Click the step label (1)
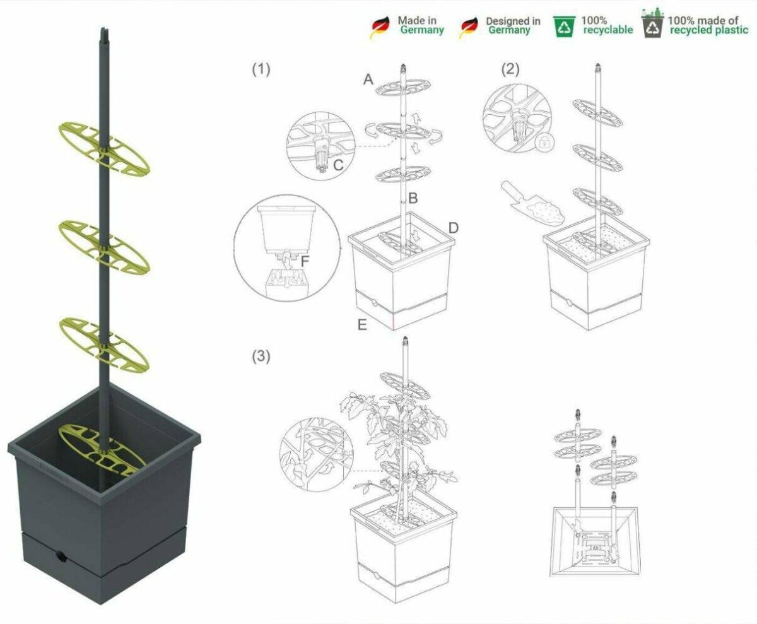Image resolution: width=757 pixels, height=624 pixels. point(261,69)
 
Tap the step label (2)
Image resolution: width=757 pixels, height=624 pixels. point(510,69)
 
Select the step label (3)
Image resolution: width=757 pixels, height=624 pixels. point(261,356)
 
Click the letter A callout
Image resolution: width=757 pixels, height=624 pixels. point(368,79)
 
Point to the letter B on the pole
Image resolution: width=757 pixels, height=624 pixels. point(413,198)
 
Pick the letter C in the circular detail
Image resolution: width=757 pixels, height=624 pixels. point(338,165)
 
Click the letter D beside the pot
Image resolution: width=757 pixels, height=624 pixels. point(454,228)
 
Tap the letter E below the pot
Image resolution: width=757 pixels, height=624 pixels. point(362,324)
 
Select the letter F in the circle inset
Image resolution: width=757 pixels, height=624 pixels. point(305,261)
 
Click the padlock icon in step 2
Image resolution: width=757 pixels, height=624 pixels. point(544,143)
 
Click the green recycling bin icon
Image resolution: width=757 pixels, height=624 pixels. point(564,26)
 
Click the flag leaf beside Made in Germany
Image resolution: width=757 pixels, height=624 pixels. point(380,27)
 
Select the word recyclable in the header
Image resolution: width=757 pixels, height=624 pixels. point(608,30)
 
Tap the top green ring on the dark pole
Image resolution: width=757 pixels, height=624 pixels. point(105,149)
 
